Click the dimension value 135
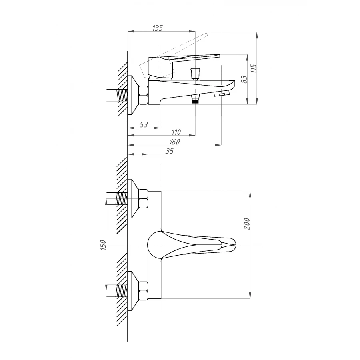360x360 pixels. click(157, 28)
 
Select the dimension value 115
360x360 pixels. click(254, 68)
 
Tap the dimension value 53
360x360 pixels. click(144, 124)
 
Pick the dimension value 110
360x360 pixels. click(176, 132)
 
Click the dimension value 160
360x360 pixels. click(174, 142)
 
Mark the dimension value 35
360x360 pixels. click(170, 151)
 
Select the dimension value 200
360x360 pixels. click(247, 223)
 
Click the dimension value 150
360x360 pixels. click(103, 245)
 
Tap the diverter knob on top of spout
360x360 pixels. click(195, 74)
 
